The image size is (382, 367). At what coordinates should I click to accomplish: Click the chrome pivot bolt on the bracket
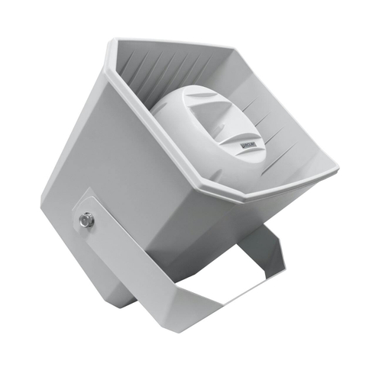click(84, 221)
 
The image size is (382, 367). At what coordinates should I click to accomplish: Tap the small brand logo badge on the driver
click(253, 140)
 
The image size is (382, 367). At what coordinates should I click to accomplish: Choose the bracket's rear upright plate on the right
click(264, 256)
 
